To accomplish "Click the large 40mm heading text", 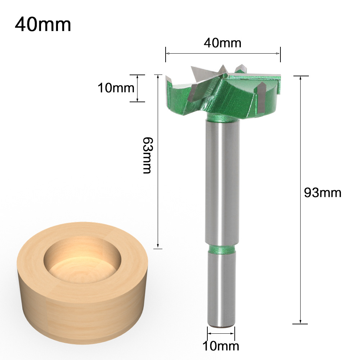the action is point(43,24).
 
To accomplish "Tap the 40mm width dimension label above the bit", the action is point(222,43).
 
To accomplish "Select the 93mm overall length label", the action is point(323,193).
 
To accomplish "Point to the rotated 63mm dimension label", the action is point(147,155).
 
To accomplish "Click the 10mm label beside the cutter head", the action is point(116,88).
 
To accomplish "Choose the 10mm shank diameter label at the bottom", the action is point(221,346).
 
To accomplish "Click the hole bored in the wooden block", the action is point(82,260).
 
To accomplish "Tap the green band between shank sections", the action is point(222,249).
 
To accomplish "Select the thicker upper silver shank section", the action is point(222,183).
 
